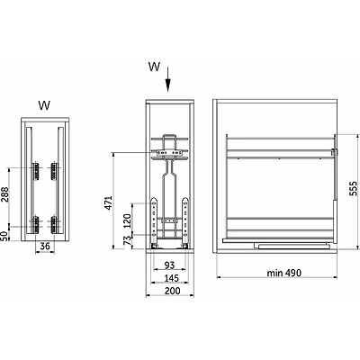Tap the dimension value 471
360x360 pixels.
[x=108, y=202]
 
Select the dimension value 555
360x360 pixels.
[x=355, y=188]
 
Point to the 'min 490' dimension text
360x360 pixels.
[x=283, y=273]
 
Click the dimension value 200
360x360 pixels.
[x=173, y=291]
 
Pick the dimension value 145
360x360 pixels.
[x=171, y=278]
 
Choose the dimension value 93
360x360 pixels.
[x=169, y=265]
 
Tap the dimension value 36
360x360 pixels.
[x=45, y=247]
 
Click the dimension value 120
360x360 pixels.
[x=128, y=220]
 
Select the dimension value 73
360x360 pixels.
[x=128, y=241]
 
